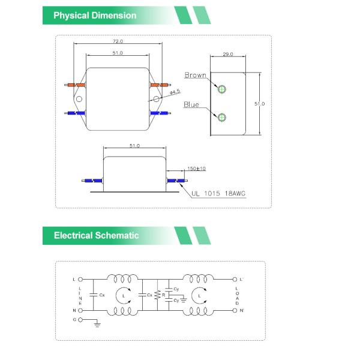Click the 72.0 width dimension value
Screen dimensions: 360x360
coord(118,41)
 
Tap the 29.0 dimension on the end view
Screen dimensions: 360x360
coord(227,54)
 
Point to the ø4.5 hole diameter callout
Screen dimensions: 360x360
coord(175,92)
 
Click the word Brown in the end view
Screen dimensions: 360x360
coord(195,76)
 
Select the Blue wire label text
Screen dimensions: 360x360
coord(191,104)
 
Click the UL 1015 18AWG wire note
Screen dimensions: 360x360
coord(219,194)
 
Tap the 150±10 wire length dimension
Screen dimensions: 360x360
coord(196,169)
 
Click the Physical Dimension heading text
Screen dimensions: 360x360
coord(95,16)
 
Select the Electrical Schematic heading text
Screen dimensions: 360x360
coord(96,235)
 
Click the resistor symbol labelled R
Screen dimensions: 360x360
coord(157,295)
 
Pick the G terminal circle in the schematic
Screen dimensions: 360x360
coord(80,320)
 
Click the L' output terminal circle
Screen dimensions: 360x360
coord(234,280)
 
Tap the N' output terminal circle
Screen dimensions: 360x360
coord(234,310)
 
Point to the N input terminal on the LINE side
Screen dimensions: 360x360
coord(80,310)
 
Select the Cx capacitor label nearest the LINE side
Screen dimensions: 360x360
coord(102,295)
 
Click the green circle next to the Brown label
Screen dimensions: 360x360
coord(223,89)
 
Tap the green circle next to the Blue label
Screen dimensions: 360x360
coord(223,116)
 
